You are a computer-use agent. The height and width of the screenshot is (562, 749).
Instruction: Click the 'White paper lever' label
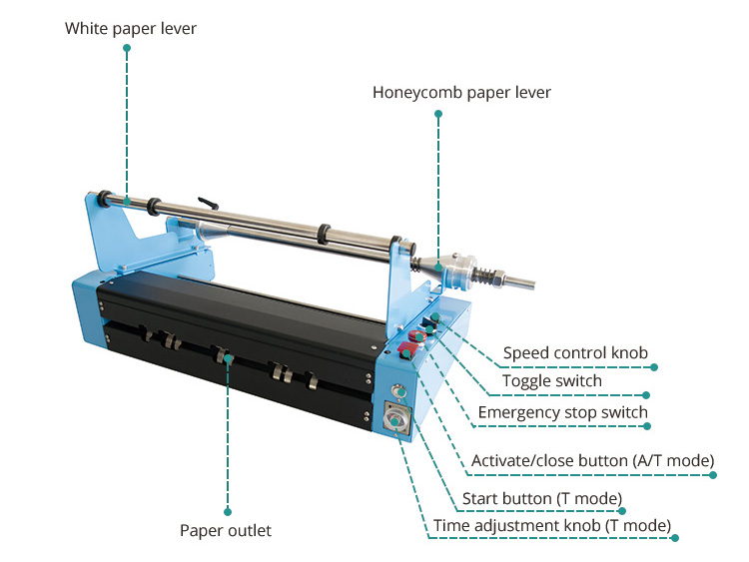(x=131, y=29)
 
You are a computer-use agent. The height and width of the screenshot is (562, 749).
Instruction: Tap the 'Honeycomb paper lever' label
(x=461, y=93)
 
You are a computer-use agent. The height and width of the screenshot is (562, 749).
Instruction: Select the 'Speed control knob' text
(x=575, y=352)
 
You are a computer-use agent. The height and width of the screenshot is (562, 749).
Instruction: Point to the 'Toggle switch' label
(x=552, y=381)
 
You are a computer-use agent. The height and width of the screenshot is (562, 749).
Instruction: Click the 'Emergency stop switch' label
(x=562, y=412)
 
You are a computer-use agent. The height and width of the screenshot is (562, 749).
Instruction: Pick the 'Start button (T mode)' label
(x=542, y=498)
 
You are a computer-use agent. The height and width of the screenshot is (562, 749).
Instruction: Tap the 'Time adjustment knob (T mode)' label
(x=551, y=525)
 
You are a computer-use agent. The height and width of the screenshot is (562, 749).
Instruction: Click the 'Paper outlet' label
(x=226, y=531)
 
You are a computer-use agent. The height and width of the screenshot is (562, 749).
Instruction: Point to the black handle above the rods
(x=207, y=203)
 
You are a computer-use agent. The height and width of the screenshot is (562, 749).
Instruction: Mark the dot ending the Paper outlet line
(x=227, y=511)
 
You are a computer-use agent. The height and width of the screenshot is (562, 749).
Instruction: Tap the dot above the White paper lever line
(x=128, y=47)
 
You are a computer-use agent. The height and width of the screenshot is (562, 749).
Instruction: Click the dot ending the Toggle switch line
(x=646, y=394)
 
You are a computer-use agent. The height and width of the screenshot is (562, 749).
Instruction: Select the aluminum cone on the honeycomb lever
(x=427, y=266)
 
